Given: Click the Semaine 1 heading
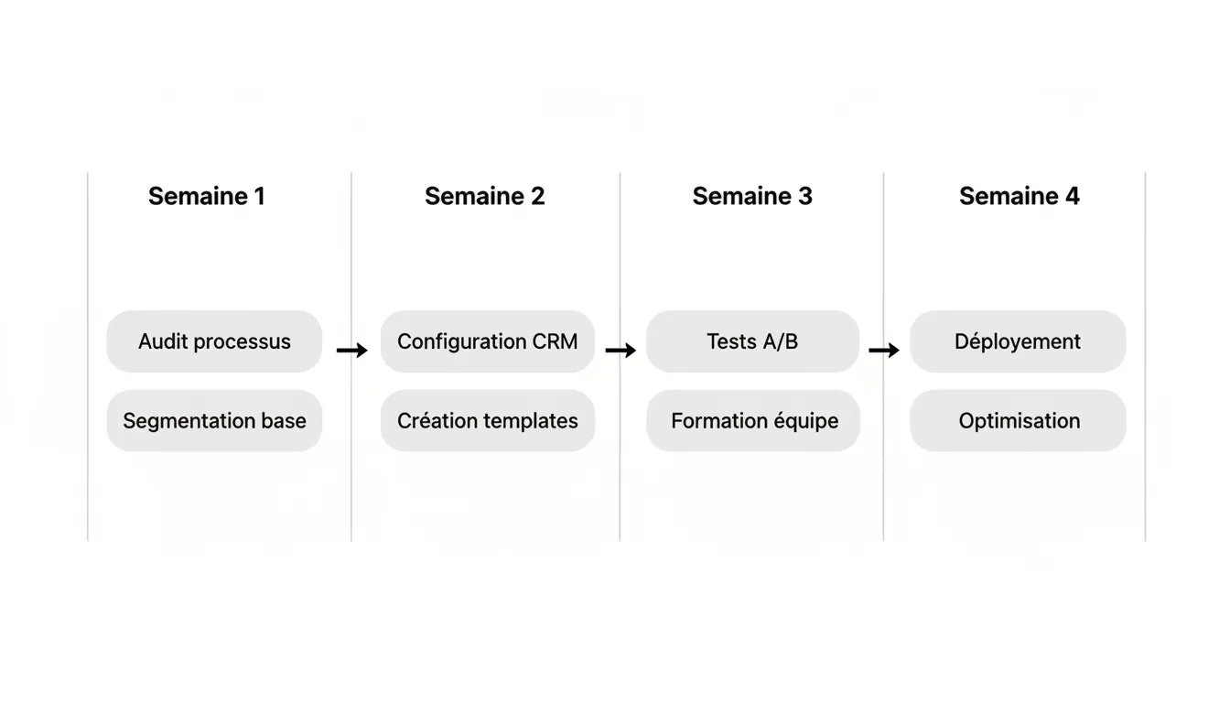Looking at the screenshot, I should click(x=206, y=196).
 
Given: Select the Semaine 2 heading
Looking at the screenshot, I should click(x=484, y=196).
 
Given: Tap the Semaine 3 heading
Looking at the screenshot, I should click(x=752, y=196).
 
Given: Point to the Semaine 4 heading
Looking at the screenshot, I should click(x=1019, y=196).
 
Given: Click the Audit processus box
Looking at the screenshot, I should click(x=214, y=341).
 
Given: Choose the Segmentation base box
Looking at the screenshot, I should click(x=214, y=421).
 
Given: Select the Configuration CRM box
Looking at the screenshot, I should click(x=487, y=341).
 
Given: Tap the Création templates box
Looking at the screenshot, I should click(x=487, y=421).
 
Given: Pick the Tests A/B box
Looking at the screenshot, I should click(x=752, y=341).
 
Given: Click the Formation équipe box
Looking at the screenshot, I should click(x=753, y=421).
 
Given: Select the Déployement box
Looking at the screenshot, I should click(x=1018, y=341).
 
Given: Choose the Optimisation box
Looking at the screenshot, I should click(x=1018, y=421).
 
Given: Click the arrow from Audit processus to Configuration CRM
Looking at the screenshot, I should click(x=351, y=351).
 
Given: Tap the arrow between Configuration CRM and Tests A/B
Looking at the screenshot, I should click(x=620, y=351).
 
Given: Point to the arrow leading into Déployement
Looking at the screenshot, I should click(x=884, y=351).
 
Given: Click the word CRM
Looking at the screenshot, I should click(x=555, y=341).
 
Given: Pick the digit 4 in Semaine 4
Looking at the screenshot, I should click(x=1071, y=196).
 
